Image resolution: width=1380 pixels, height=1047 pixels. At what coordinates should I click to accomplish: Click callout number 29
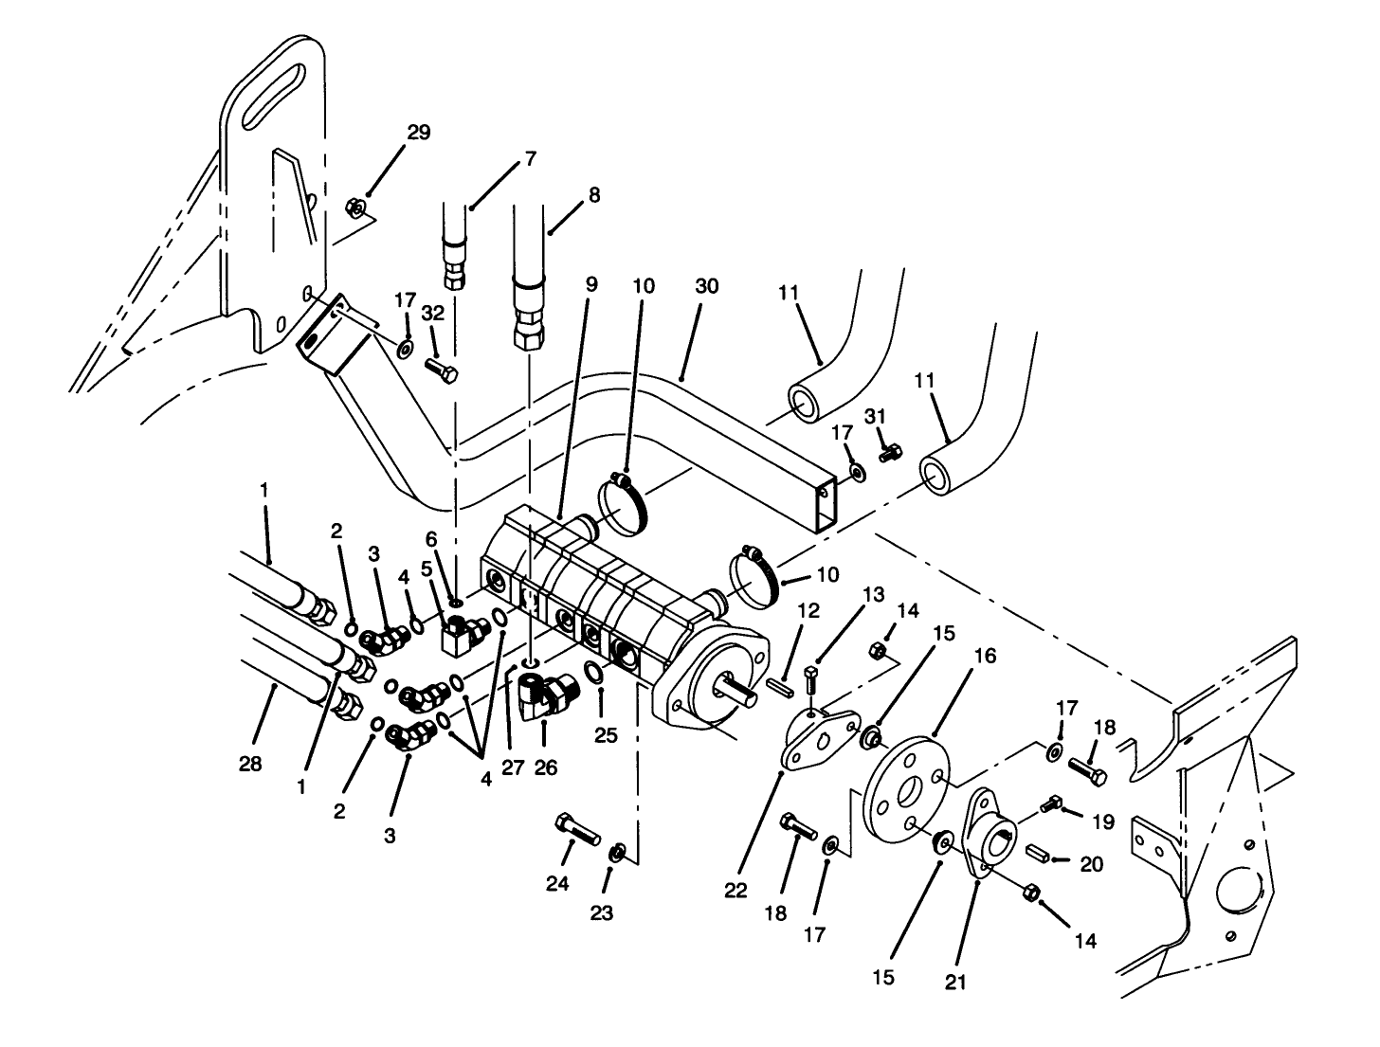tap(418, 133)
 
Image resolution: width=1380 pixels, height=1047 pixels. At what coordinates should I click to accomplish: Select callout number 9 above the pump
tap(591, 283)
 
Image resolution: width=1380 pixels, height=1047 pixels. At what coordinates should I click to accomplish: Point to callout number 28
tap(250, 765)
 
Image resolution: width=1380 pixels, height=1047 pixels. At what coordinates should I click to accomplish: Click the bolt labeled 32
tap(441, 369)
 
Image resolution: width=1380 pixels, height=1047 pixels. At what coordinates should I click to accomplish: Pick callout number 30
tap(707, 284)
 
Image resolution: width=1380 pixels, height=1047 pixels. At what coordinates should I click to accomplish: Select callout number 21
tap(955, 982)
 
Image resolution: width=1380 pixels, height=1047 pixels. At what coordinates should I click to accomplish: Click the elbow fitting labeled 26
tap(545, 694)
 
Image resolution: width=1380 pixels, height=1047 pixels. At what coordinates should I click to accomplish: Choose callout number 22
tap(735, 891)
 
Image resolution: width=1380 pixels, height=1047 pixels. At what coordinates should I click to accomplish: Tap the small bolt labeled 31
tap(889, 455)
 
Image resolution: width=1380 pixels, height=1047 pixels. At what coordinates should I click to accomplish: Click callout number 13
tap(874, 595)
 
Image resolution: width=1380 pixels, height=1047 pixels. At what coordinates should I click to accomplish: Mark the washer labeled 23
tap(617, 852)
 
